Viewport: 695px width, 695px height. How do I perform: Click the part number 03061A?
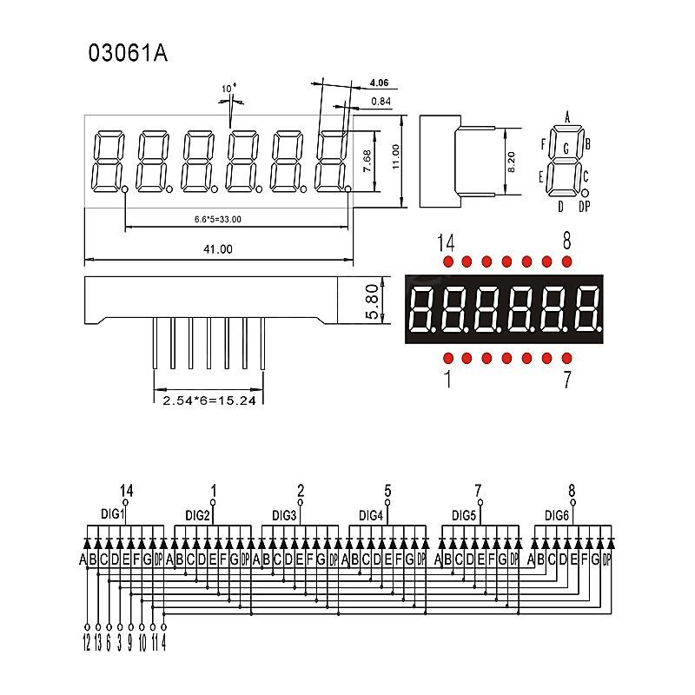pos(127,53)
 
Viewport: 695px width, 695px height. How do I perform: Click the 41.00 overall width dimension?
pos(218,249)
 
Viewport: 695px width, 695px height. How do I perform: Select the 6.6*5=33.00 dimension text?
pos(218,219)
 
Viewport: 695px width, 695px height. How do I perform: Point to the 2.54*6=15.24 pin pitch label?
pos(208,400)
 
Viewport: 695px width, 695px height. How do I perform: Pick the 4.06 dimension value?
pos(379,83)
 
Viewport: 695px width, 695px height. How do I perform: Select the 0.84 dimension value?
pos(380,102)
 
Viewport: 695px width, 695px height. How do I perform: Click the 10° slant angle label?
pos(228,89)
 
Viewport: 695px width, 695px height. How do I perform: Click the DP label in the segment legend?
pos(584,206)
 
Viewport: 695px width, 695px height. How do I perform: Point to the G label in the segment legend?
pos(566,149)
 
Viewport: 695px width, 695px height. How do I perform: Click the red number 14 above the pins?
pos(447,242)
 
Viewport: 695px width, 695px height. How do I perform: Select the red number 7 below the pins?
pos(566,380)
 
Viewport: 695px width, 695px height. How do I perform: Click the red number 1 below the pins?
pos(447,380)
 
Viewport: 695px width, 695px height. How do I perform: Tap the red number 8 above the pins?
pos(566,242)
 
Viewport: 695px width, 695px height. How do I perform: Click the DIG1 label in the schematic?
pos(114,514)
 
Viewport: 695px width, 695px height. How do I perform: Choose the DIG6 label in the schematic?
pos(557,514)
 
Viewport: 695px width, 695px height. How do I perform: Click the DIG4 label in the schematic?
pos(372,514)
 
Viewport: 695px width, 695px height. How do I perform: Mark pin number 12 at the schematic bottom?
pos(87,644)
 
